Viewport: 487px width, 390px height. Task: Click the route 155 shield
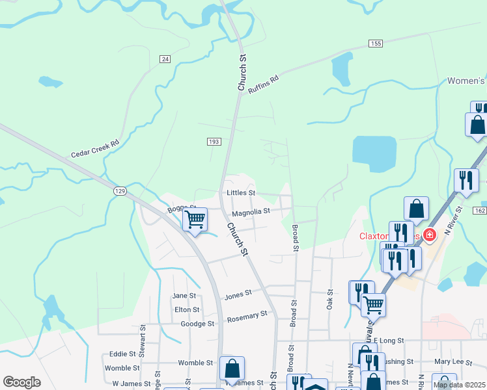tap(374, 44)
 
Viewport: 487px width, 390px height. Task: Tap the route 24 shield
tap(165, 59)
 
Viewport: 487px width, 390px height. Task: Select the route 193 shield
tap(214, 141)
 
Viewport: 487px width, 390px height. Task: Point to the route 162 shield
tap(480, 211)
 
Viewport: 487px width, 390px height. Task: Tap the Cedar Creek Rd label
tap(95, 150)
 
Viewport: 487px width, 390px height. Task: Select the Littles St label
tap(240, 193)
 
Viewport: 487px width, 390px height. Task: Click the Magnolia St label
tap(251, 211)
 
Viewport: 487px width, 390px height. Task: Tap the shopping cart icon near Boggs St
tap(195, 220)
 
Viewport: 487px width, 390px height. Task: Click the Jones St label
tap(238, 294)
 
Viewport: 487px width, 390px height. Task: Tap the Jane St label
tap(184, 296)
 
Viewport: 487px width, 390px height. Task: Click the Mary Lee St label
tap(451, 361)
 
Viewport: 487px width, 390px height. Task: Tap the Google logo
tap(21, 382)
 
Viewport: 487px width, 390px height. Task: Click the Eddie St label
tap(122, 354)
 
